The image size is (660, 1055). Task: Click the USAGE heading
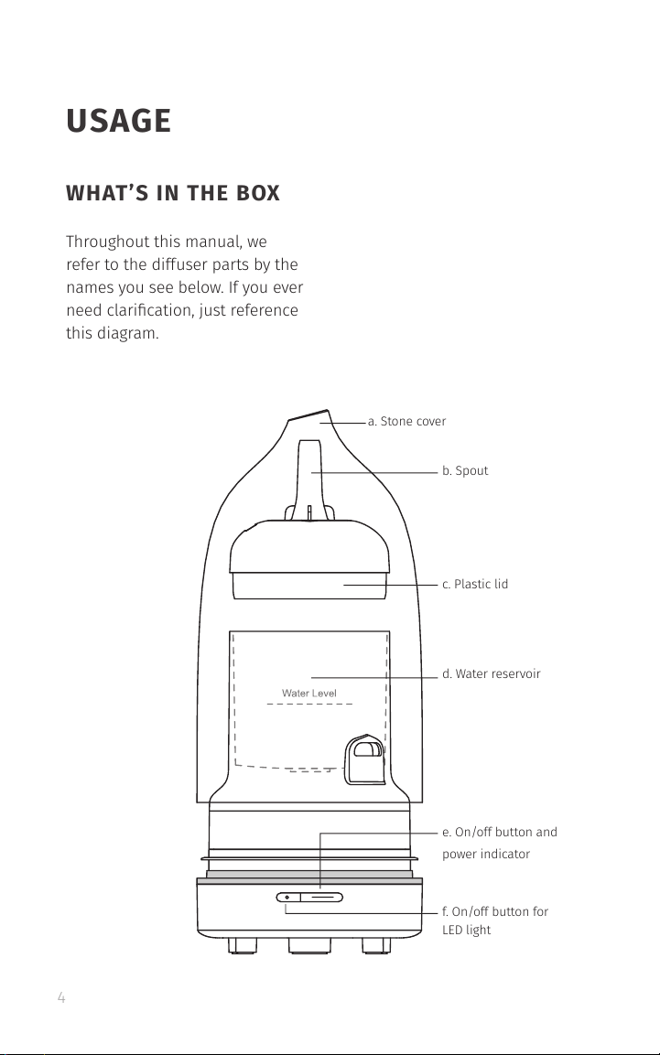pos(118,121)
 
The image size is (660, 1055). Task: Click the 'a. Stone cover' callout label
pos(406,422)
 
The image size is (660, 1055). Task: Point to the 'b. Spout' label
pos(465,471)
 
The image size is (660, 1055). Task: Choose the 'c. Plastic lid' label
pos(474,584)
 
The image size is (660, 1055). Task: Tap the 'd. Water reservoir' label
pos(491,674)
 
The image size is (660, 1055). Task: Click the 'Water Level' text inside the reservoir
pos(309,694)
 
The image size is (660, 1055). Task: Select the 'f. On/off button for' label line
pos(494,911)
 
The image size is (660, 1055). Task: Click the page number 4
pos(61,999)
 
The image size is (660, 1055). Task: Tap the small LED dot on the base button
pos(287,898)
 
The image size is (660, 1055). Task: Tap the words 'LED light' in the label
pos(466,930)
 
